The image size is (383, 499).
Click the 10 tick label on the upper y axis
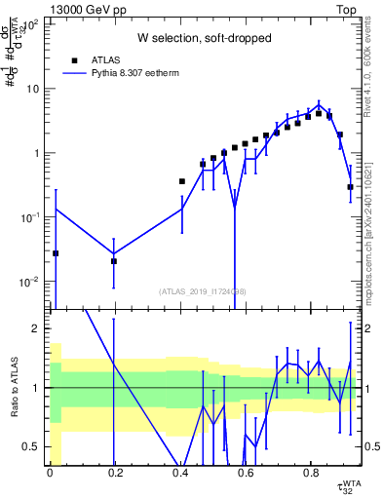33,89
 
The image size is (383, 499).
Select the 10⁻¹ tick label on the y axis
30,217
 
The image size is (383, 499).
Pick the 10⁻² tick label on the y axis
30,282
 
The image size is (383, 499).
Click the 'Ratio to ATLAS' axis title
14,388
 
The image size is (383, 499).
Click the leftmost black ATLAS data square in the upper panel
56,253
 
